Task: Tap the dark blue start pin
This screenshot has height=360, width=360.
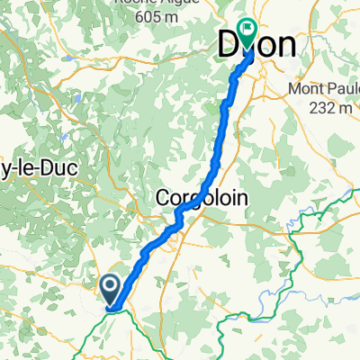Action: (x=110, y=290)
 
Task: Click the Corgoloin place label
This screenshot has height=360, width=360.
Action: (x=202, y=196)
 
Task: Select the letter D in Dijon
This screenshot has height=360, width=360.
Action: (x=230, y=48)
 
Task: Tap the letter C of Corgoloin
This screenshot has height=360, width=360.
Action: (x=162, y=196)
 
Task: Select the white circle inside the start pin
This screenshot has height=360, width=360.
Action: (x=110, y=287)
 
